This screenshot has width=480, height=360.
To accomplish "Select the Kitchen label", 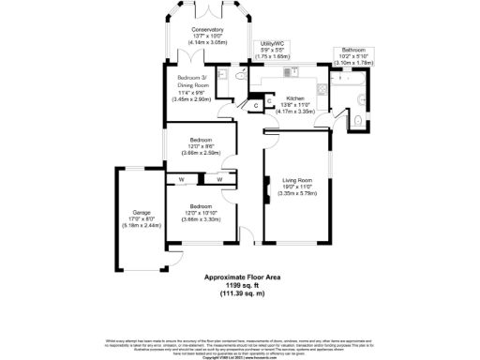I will coord(295,97).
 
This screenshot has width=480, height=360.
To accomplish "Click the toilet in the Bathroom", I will coord(360,118).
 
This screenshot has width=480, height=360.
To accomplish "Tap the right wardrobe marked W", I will coord(219,178).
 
